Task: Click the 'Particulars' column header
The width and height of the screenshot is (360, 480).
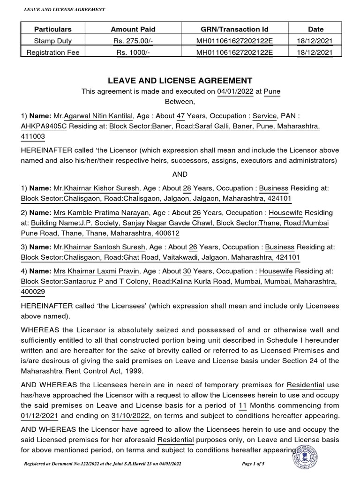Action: click(56, 29)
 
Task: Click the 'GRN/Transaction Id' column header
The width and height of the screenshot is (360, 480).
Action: click(234, 29)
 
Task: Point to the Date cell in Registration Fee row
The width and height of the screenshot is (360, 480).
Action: click(315, 52)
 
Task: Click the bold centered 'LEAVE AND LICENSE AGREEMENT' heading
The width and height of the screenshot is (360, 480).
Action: click(180, 81)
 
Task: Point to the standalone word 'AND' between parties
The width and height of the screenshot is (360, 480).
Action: click(180, 174)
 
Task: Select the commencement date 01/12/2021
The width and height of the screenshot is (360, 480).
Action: click(41, 415)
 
